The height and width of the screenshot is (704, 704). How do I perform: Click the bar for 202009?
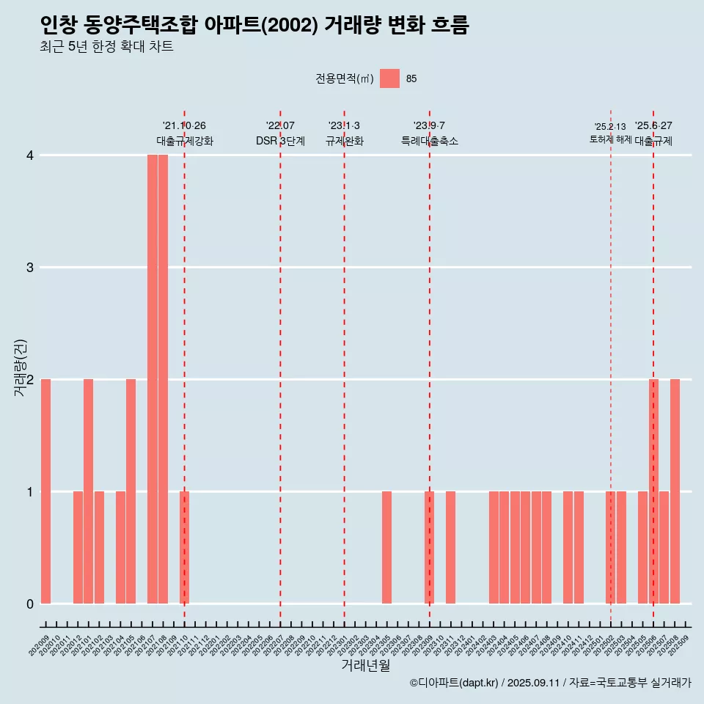pos(45,491)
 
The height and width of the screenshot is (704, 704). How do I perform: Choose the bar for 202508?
pos(675,491)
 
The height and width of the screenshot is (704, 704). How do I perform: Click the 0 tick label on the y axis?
pos(30,604)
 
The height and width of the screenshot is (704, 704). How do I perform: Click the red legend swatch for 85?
pos(389,78)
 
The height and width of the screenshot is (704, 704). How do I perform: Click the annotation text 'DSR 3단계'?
pos(280,141)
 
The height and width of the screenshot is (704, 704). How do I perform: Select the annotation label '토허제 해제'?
pos(610,139)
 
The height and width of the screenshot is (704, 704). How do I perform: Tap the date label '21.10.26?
pos(184,126)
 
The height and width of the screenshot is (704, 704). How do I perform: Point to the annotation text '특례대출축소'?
pos(430,141)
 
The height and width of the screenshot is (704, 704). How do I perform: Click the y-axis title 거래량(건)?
pos(21,367)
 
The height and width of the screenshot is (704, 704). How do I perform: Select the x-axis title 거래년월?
pos(365,666)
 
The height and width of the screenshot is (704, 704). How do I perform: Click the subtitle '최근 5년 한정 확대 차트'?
pos(107,47)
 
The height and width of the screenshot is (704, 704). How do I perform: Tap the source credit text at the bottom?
pos(550,683)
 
